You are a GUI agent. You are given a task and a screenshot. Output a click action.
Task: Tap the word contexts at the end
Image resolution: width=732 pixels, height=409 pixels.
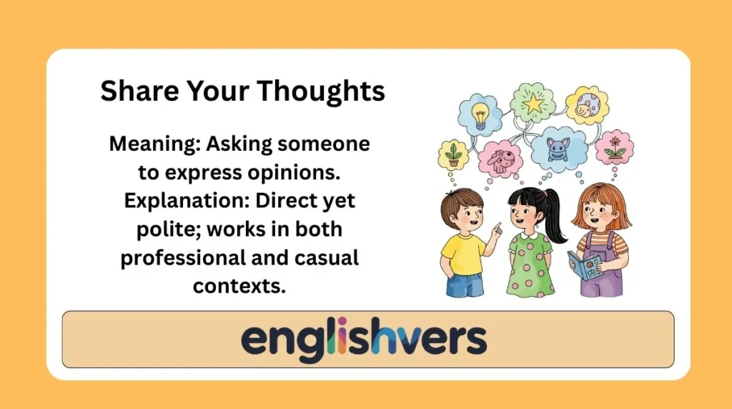click(239, 285)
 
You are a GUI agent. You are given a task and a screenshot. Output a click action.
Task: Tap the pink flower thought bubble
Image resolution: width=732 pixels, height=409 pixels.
click(614, 147)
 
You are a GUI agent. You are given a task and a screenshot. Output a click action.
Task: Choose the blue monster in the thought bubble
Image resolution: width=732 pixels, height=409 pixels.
click(558, 149)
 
